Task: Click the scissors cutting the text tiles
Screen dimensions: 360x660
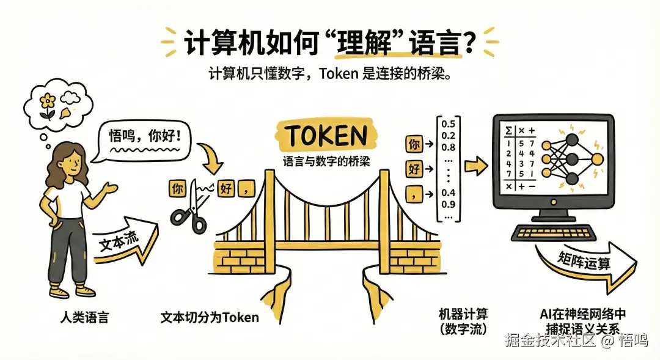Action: [190, 208]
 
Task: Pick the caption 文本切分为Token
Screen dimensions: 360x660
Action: [209, 317]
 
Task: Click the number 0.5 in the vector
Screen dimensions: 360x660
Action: [449, 125]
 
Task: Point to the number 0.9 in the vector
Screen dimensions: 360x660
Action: [449, 204]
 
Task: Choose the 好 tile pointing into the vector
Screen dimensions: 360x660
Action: [414, 169]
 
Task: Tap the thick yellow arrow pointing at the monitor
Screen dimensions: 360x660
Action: [475, 164]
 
